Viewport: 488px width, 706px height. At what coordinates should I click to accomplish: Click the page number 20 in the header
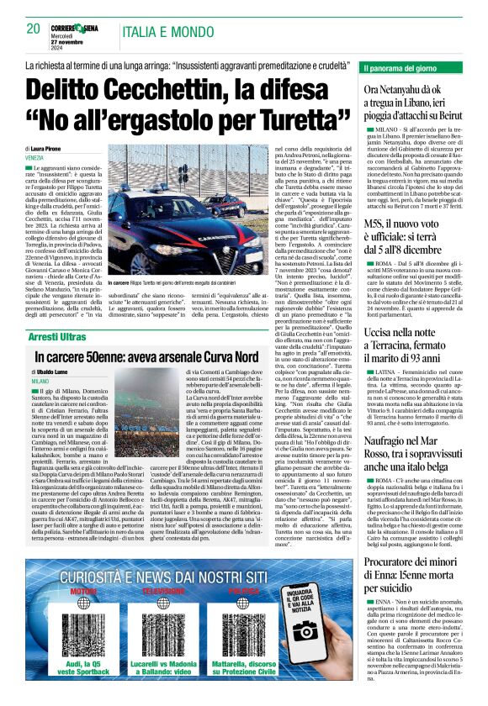click(34, 29)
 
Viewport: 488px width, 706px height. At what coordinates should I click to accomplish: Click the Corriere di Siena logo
click(77, 28)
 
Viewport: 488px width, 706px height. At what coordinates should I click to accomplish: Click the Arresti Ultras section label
click(57, 336)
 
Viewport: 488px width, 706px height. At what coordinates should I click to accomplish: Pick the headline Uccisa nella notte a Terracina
click(412, 340)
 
